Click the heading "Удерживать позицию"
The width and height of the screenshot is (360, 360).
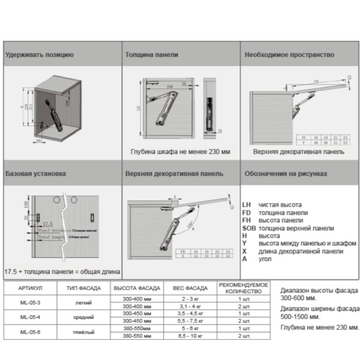(39, 55)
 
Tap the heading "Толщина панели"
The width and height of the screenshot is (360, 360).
(152, 55)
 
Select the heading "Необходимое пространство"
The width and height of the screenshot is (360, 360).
(289, 55)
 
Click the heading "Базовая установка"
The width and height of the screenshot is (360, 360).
(36, 174)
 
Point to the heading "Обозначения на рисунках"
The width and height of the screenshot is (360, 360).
(286, 174)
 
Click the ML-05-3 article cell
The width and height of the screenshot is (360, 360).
(30, 303)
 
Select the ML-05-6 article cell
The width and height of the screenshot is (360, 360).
(30, 332)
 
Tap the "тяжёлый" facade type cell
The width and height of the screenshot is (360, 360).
(84, 332)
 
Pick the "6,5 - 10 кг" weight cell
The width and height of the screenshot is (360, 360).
(190, 336)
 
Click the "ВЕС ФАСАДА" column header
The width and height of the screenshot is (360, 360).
(190, 288)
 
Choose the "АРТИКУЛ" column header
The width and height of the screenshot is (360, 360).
(30, 288)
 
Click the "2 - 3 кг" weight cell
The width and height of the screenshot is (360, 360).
(190, 298)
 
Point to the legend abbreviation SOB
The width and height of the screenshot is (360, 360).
(249, 228)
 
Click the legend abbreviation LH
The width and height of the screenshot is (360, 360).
(246, 205)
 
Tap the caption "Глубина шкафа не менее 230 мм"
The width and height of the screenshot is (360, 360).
(180, 152)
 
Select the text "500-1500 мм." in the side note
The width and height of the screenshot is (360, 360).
(300, 317)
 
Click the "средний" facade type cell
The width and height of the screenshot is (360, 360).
(84, 317)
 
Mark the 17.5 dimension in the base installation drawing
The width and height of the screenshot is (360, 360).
(48, 224)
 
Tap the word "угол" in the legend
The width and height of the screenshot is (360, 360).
(265, 259)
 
